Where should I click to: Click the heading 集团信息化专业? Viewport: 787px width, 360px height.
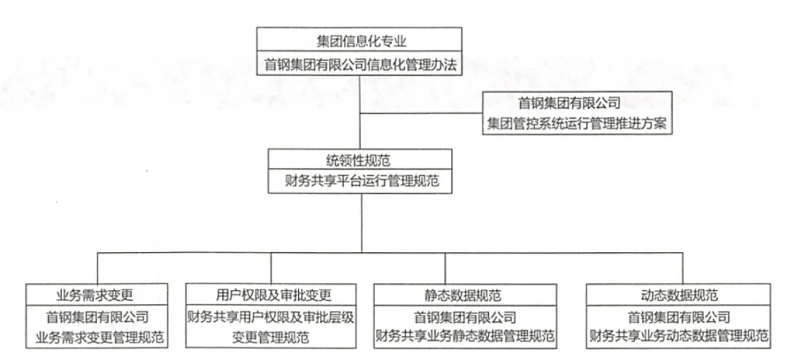tap(359, 40)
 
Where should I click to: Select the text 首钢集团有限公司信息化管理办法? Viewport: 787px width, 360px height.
tap(359, 64)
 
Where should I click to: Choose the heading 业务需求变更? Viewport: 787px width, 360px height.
tap(99, 295)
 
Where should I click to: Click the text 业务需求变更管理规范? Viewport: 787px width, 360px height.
tap(99, 337)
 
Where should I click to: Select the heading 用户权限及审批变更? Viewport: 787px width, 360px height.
tap(270, 295)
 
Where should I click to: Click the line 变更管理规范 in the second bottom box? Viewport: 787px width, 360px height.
tap(270, 337)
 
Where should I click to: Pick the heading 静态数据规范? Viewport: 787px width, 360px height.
tap(464, 295)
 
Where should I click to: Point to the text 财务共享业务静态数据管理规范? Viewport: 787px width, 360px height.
tap(464, 337)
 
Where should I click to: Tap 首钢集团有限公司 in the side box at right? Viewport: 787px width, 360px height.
tap(576, 103)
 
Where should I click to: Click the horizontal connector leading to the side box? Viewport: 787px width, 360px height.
tap(423, 113)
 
